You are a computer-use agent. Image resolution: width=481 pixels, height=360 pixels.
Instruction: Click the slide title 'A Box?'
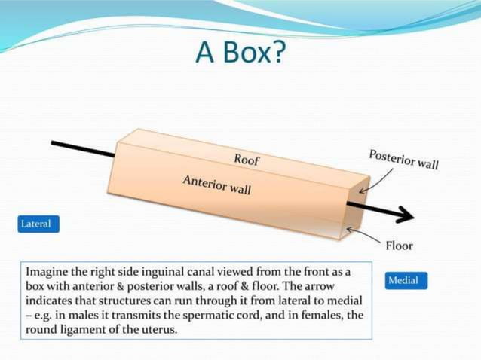click(240, 52)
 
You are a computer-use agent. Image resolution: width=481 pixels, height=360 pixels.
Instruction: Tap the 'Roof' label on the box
click(247, 159)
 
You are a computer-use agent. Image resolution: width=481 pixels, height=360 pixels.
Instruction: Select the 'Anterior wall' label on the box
click(216, 184)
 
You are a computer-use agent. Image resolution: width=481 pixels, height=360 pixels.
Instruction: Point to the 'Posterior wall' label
click(403, 159)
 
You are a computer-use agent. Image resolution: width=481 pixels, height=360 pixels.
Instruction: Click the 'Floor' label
click(399, 246)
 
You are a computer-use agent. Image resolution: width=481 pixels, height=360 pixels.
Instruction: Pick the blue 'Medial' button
click(406, 280)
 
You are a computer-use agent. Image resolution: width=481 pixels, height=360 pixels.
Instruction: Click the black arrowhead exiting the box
click(404, 215)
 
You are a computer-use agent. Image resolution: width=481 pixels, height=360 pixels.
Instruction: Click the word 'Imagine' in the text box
click(48, 270)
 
